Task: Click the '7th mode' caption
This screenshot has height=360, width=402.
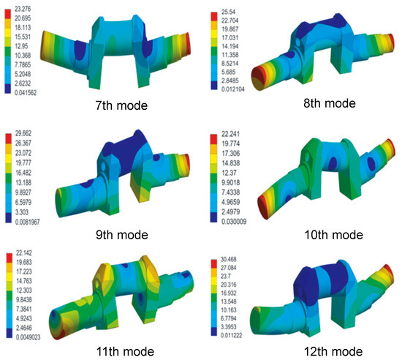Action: coord(121,105)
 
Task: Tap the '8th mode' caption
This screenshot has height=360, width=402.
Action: coord(330,103)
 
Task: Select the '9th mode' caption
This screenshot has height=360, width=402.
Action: coord(122,235)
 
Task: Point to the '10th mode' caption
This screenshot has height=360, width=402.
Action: coord(333,235)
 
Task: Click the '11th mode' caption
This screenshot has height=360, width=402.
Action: coord(125,351)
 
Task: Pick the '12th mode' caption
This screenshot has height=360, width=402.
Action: coord(333,351)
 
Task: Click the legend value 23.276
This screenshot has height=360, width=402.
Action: coord(23,9)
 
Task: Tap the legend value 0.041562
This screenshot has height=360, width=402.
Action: coord(26,93)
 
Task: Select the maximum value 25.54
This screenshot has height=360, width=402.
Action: coord(228,12)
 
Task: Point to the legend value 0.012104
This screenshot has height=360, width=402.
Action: coord(232,89)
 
